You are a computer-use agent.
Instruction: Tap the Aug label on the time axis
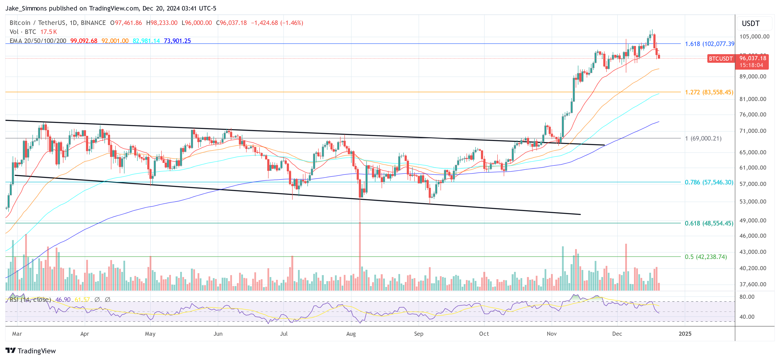pos(351,334)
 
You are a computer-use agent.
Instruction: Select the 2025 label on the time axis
pos(685,334)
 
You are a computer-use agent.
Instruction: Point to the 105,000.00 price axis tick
pos(754,36)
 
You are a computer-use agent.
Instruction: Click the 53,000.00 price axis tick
pos(753,201)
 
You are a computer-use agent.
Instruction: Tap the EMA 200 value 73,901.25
pos(177,41)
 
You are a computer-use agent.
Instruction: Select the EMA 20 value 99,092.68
pos(84,41)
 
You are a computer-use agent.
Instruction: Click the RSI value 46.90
pos(63,299)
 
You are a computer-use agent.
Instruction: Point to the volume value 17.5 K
pos(48,32)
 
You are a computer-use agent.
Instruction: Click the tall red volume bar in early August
pos(360,257)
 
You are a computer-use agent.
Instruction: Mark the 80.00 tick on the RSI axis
pos(747,297)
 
